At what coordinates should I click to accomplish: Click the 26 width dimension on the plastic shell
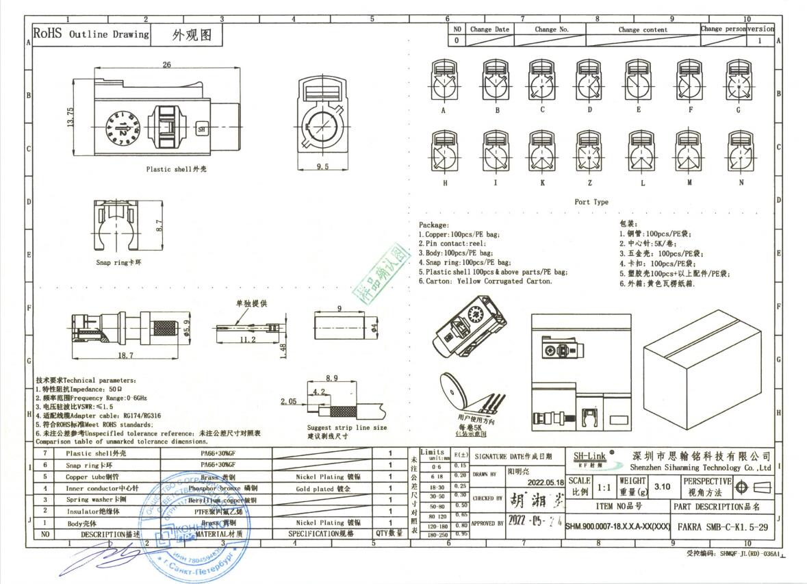166,65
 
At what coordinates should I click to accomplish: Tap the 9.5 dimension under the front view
323,166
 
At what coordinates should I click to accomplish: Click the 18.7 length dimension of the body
125,356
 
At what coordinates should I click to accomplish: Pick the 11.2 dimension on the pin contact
248,340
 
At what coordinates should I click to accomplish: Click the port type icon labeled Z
589,151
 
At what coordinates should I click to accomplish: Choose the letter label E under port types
638,110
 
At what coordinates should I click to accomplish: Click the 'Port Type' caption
591,202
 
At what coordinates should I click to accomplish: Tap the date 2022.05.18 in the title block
536,481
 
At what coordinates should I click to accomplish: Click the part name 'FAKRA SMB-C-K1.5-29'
721,528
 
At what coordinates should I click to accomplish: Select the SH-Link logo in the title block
587,456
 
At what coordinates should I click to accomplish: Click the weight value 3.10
662,487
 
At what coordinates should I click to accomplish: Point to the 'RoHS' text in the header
47,34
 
